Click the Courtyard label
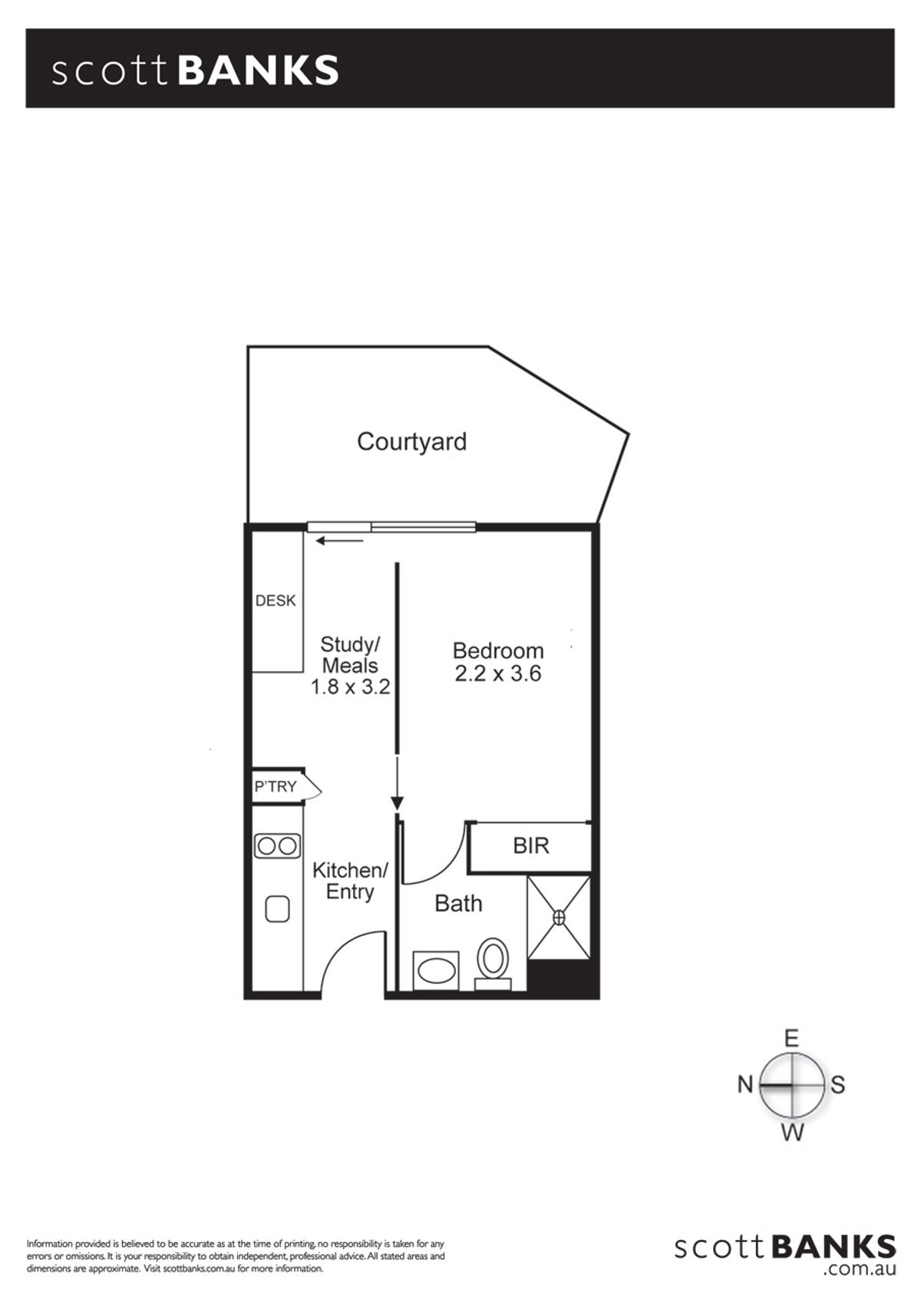point(411,443)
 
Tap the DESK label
point(276,601)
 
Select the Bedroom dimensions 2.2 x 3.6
point(498,674)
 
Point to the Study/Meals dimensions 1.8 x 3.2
point(350,687)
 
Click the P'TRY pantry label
point(276,787)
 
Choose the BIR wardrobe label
point(531,845)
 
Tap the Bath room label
point(459,904)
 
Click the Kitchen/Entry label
point(350,881)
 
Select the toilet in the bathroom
point(493,963)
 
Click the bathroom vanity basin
point(435,971)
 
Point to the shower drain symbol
point(559,918)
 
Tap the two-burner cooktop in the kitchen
point(278,845)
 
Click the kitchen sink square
point(277,909)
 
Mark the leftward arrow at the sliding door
point(339,541)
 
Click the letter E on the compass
point(792,1038)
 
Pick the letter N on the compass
point(745,1084)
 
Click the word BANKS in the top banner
point(258,71)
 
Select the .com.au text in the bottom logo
point(860,1287)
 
